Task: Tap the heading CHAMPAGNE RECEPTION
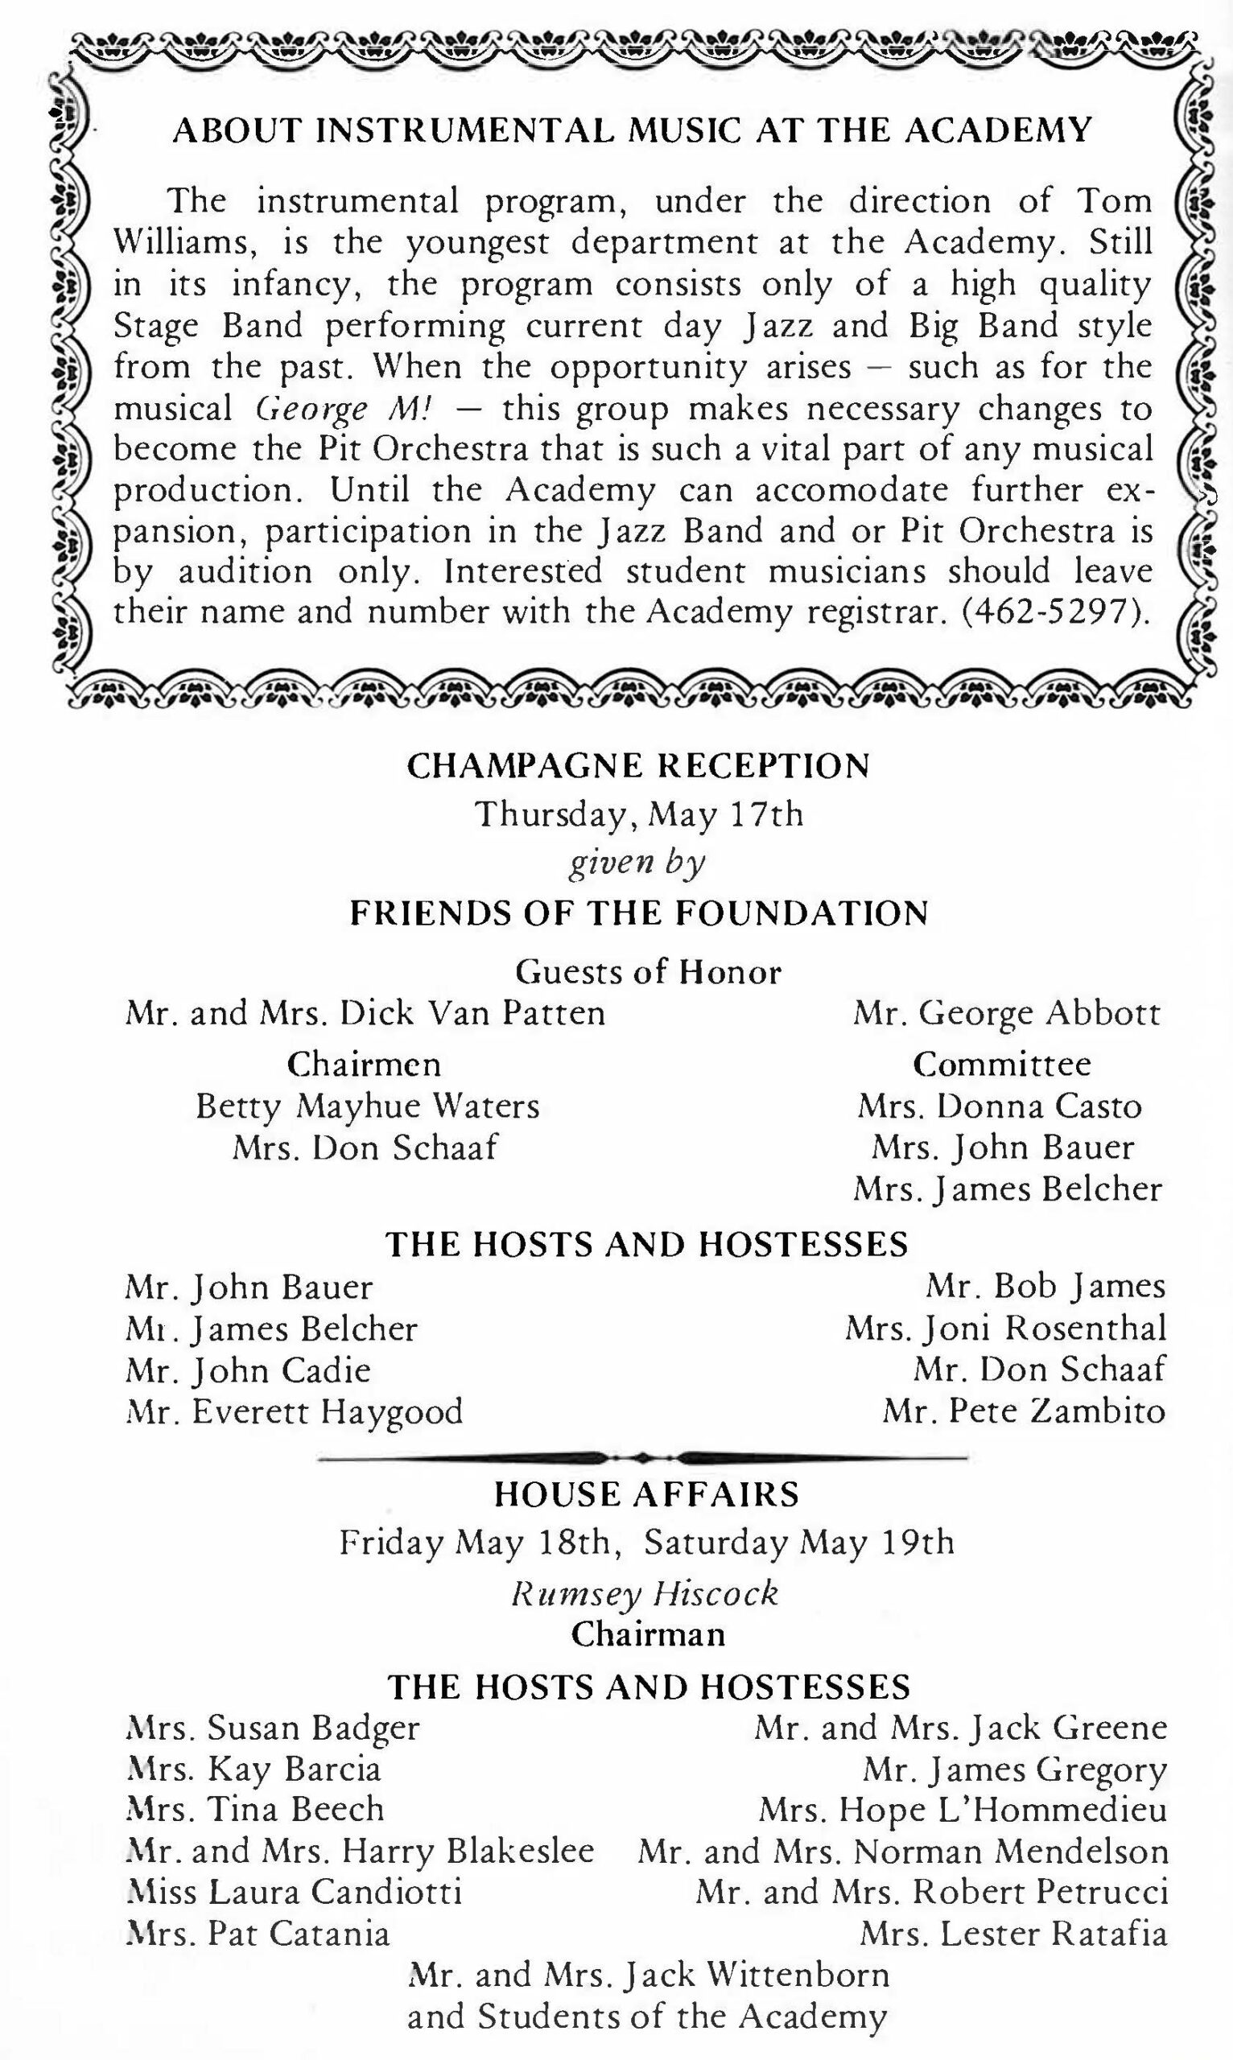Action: tap(638, 765)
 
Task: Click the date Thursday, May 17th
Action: tap(639, 814)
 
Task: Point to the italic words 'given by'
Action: tap(637, 864)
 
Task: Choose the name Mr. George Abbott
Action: tap(1006, 1013)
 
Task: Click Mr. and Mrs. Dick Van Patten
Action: tap(365, 1013)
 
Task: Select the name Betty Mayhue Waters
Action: tap(367, 1106)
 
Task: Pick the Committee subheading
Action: tap(1002, 1064)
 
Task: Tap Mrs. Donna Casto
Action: tap(1000, 1106)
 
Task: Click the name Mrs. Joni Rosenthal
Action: tap(1005, 1328)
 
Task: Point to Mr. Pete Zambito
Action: tap(1024, 1411)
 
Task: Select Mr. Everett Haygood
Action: tap(294, 1411)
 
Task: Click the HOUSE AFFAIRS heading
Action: tap(646, 1494)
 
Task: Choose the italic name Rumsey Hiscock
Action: tap(645, 1593)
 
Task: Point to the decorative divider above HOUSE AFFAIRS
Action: tap(641, 1457)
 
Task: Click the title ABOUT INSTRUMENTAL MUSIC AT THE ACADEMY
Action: tap(632, 130)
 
